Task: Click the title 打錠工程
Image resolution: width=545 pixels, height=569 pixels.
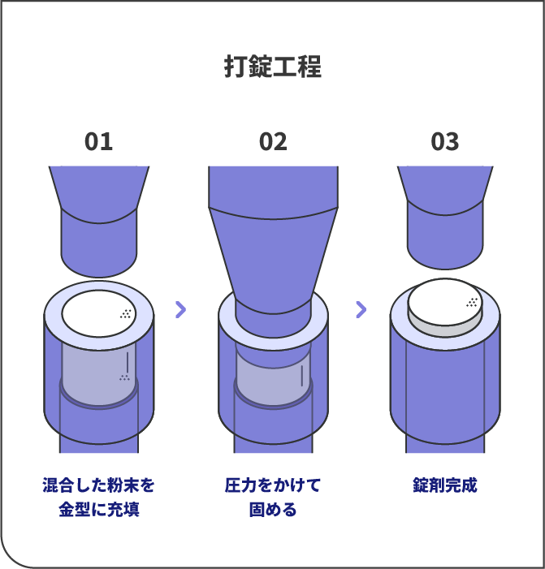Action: pyautogui.click(x=272, y=67)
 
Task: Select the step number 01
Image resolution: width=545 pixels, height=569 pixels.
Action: pyautogui.click(x=98, y=142)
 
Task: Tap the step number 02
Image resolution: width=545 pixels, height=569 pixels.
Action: pyautogui.click(x=273, y=142)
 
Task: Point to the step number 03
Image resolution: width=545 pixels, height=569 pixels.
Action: pyautogui.click(x=445, y=142)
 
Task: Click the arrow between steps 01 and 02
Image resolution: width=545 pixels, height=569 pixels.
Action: pyautogui.click(x=180, y=308)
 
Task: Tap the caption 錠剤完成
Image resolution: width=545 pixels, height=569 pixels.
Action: pyautogui.click(x=445, y=486)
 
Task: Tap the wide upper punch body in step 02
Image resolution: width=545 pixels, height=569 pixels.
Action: pyautogui.click(x=273, y=235)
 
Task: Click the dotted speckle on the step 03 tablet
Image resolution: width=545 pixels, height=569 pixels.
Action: pyautogui.click(x=472, y=303)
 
